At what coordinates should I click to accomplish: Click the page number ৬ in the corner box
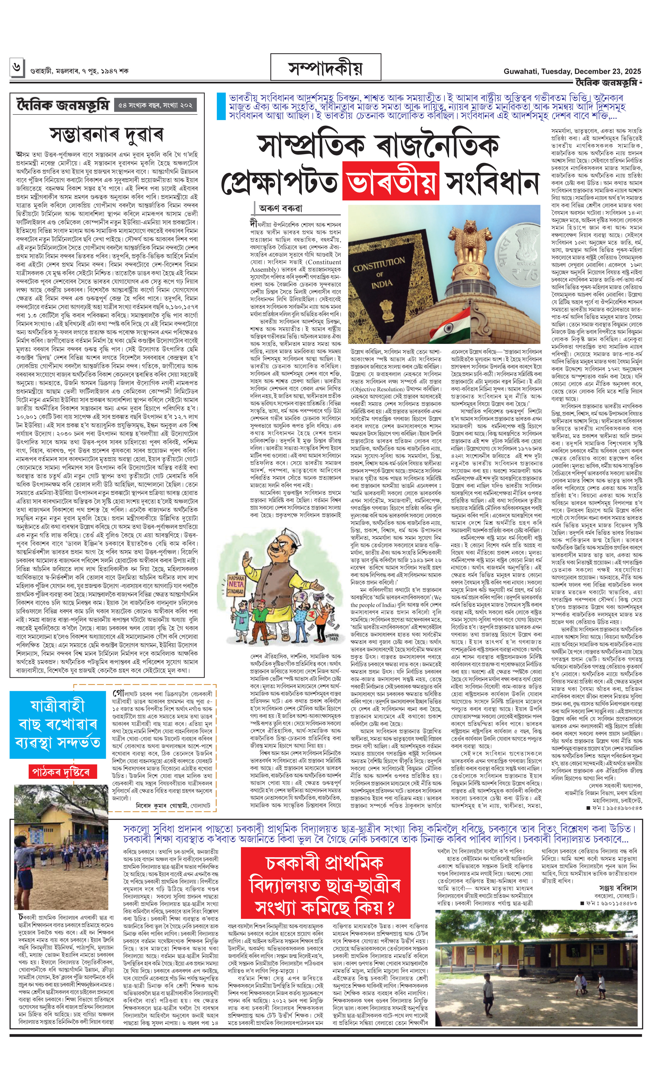pyautogui.click(x=17, y=68)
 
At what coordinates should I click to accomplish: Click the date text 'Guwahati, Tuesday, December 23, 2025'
pyautogui.click(x=572, y=71)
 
